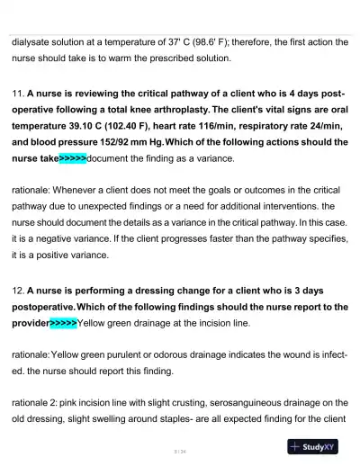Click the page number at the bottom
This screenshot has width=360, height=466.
[x=180, y=451]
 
